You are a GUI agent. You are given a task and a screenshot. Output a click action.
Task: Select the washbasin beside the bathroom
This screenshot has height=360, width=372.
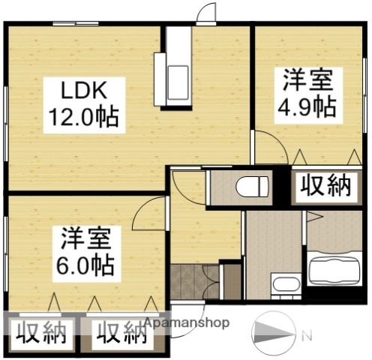point(283,284)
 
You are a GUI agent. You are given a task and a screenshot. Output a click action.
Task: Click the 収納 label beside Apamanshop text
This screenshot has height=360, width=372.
point(119,331)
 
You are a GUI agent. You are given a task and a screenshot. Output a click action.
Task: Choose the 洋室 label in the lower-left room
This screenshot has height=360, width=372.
point(85,238)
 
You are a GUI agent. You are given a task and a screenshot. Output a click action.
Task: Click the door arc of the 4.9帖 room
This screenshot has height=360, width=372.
point(268,147)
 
